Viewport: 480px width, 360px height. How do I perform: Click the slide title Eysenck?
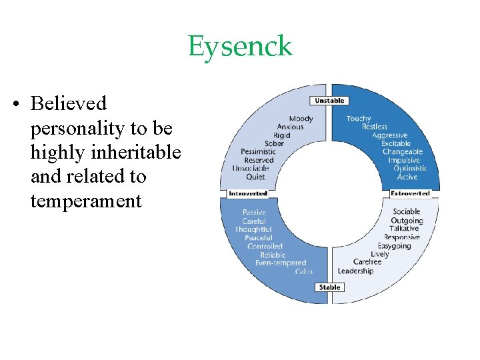[240, 47]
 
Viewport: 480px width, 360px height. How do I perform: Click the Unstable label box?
[329, 101]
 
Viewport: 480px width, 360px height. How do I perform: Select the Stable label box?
[329, 287]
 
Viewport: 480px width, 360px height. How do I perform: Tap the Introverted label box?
[247, 193]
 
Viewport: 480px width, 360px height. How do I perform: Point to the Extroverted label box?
[410, 193]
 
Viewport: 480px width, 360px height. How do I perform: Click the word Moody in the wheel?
[301, 119]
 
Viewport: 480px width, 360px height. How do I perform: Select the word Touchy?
[359, 119]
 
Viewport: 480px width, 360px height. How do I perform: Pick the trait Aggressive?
[390, 135]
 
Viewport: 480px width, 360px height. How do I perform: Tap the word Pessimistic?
[259, 152]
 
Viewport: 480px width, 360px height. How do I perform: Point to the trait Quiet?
[255, 177]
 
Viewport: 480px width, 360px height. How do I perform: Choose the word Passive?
[253, 213]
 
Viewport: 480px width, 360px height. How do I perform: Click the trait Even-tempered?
[281, 263]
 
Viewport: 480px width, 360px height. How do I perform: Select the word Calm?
[303, 271]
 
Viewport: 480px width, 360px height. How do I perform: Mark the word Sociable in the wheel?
[407, 212]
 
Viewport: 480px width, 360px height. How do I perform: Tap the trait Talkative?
[405, 229]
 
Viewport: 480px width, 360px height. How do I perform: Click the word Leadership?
[355, 271]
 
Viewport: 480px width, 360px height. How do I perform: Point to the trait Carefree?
[367, 262]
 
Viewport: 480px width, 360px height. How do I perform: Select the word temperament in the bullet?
[86, 201]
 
